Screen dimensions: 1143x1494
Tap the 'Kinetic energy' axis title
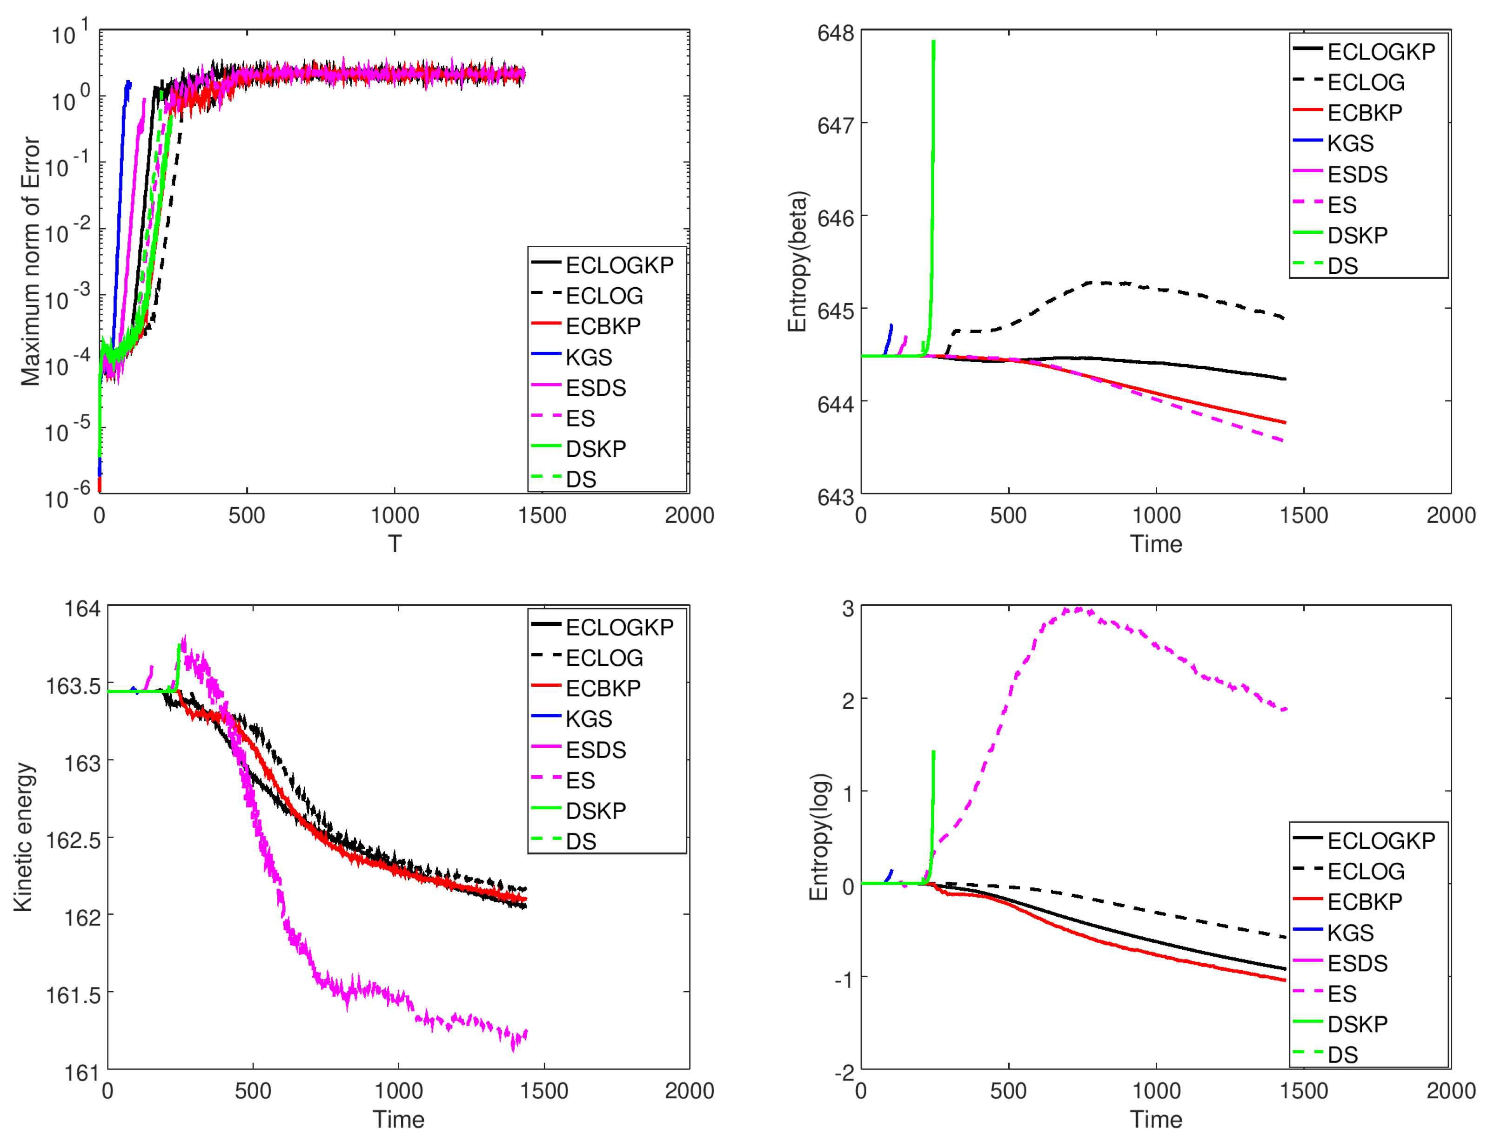(x=23, y=836)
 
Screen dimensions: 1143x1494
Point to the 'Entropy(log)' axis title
(x=819, y=836)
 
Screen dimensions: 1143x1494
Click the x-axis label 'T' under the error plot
(x=395, y=544)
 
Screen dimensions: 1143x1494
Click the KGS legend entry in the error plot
(x=588, y=357)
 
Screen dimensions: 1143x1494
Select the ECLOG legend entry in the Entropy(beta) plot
(x=1365, y=82)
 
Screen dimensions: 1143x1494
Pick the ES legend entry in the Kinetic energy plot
(x=580, y=780)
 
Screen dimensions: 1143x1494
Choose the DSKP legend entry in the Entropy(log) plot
(x=1357, y=1024)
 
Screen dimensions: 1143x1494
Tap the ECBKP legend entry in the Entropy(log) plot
(x=1363, y=901)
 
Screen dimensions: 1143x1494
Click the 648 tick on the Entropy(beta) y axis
(x=835, y=33)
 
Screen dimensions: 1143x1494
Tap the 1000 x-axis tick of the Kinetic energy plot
(x=398, y=1090)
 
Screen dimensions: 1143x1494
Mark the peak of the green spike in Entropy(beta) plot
(x=934, y=42)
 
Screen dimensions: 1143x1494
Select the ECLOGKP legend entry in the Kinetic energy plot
(x=619, y=627)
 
